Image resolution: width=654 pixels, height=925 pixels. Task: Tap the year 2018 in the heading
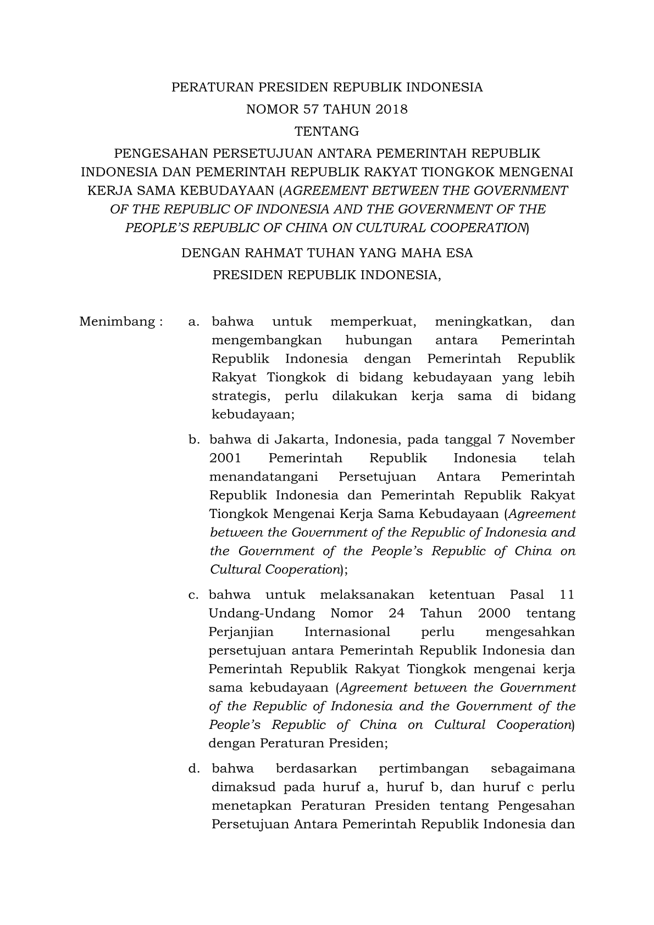click(392, 109)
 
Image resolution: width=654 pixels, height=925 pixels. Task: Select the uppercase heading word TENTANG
click(327, 132)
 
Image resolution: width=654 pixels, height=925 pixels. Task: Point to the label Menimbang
click(118, 321)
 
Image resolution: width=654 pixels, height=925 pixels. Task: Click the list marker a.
click(193, 322)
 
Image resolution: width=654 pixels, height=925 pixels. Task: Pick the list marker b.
click(193, 439)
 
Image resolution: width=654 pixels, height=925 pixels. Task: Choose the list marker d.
click(193, 768)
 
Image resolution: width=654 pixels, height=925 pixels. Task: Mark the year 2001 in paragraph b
click(225, 458)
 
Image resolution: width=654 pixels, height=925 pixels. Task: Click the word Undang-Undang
click(262, 614)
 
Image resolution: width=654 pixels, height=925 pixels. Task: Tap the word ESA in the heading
click(461, 253)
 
